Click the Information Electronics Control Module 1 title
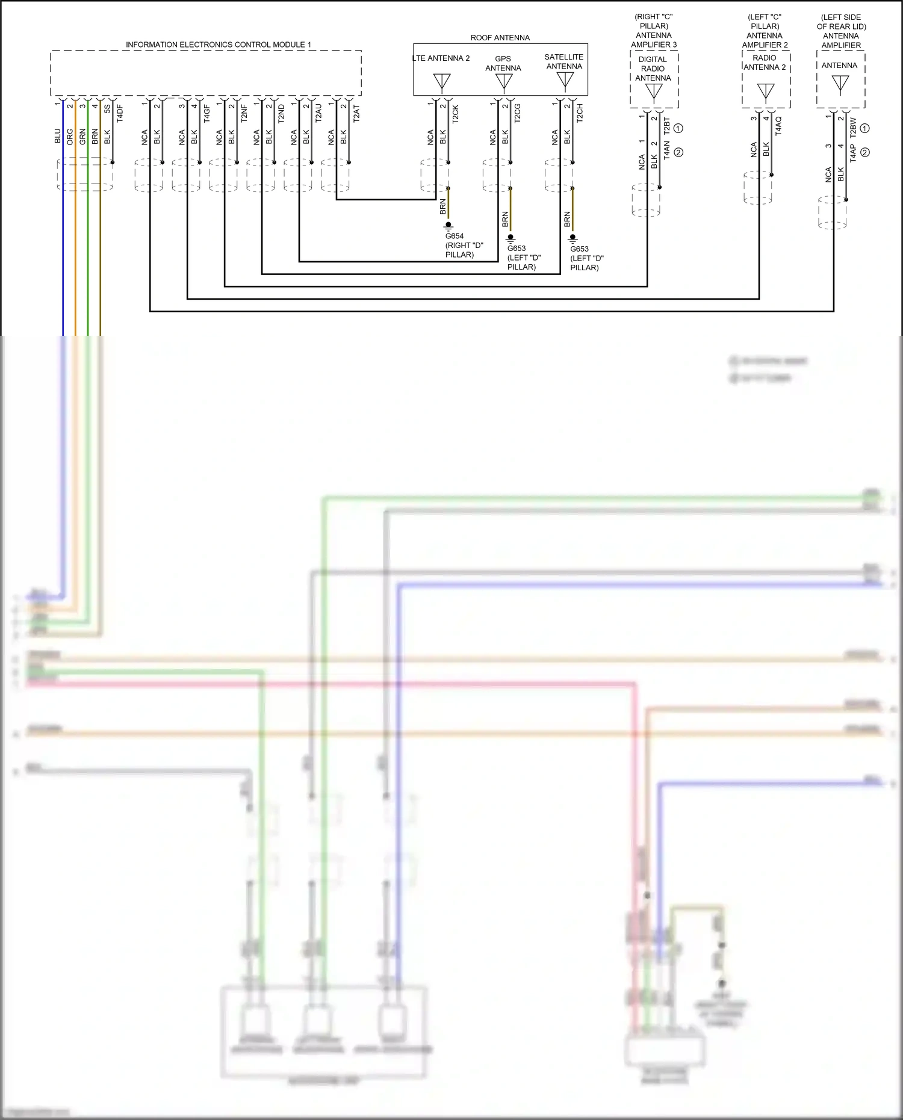coord(218,45)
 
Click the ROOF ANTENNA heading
coord(500,37)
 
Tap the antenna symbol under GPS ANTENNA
coord(504,82)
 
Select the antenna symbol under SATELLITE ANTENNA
coord(565,80)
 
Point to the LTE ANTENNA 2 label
coord(441,58)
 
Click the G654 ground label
coord(455,236)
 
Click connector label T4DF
coord(120,113)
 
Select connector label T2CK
coord(456,114)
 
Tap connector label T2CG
coord(518,114)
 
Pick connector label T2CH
coord(580,113)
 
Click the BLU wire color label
coord(58,136)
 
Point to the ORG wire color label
coord(70,136)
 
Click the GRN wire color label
coord(82,136)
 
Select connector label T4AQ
coord(778,126)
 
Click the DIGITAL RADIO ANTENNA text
coord(653,69)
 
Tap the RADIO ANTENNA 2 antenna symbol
coord(766,91)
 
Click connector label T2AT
coord(356,114)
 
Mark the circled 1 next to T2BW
coord(865,128)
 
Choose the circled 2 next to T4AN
coord(678,152)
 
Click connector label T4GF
coord(207,113)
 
